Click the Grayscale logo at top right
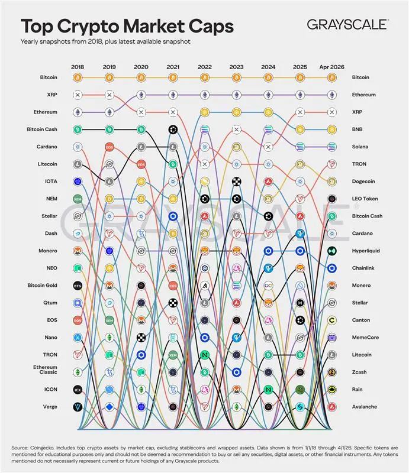(x=347, y=24)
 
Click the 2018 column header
(x=78, y=66)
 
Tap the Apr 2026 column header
(x=331, y=66)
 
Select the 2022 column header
(x=204, y=66)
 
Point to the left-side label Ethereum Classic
(x=46, y=370)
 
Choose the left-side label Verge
(x=49, y=407)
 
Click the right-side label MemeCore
(x=366, y=337)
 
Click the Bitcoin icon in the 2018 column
(x=77, y=77)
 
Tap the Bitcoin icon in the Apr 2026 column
(x=331, y=77)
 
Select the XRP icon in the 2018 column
(x=77, y=95)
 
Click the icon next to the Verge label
(x=77, y=407)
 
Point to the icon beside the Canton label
(x=331, y=320)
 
